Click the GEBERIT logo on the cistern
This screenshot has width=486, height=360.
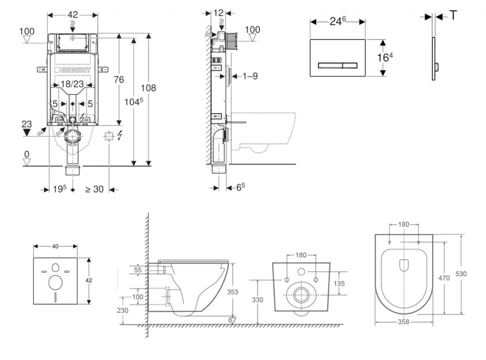click(x=73, y=69)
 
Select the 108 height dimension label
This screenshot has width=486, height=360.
click(x=149, y=88)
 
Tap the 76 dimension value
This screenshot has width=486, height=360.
click(x=119, y=79)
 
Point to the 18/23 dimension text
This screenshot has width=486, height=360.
click(x=73, y=85)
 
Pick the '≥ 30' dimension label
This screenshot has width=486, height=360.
click(x=94, y=189)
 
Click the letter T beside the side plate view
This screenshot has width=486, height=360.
click(x=453, y=16)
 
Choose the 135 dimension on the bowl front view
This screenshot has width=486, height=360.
click(x=339, y=283)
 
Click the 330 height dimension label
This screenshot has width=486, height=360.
click(x=257, y=300)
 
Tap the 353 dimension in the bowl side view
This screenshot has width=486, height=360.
click(x=233, y=292)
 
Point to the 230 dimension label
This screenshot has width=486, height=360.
click(x=123, y=310)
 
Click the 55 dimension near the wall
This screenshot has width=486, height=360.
click(x=138, y=269)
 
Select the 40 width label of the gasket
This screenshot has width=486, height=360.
click(x=55, y=246)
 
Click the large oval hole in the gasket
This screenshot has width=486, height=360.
click(x=55, y=282)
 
